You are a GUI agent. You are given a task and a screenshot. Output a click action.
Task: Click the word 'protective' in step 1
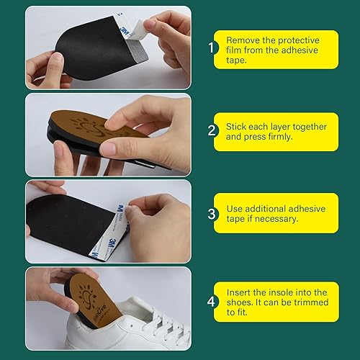pos(295,41)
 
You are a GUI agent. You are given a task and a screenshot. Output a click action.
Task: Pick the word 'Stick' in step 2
pos(238,126)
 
